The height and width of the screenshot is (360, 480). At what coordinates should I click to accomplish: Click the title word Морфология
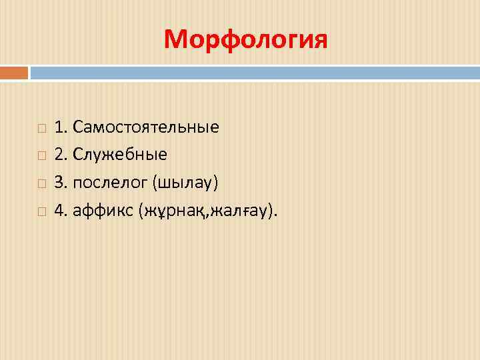pyautogui.click(x=245, y=40)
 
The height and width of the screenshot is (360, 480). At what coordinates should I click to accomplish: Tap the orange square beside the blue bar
pyautogui.click(x=14, y=72)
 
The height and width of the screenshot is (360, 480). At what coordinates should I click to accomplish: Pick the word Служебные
pyautogui.click(x=120, y=155)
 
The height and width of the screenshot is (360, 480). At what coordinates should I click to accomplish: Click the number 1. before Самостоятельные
pyautogui.click(x=61, y=126)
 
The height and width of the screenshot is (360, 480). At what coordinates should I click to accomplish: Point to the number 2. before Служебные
pyautogui.click(x=61, y=155)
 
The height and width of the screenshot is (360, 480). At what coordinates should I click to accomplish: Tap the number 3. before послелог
pyautogui.click(x=61, y=183)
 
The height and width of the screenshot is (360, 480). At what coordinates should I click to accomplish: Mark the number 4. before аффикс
pyautogui.click(x=61, y=211)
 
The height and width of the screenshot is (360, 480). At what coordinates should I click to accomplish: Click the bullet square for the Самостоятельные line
pyautogui.click(x=41, y=127)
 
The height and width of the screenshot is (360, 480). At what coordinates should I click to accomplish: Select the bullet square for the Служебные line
pyautogui.click(x=41, y=155)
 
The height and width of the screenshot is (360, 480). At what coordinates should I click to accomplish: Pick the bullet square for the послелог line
pyautogui.click(x=41, y=183)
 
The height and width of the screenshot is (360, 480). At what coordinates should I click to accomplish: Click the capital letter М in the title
pyautogui.click(x=175, y=40)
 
